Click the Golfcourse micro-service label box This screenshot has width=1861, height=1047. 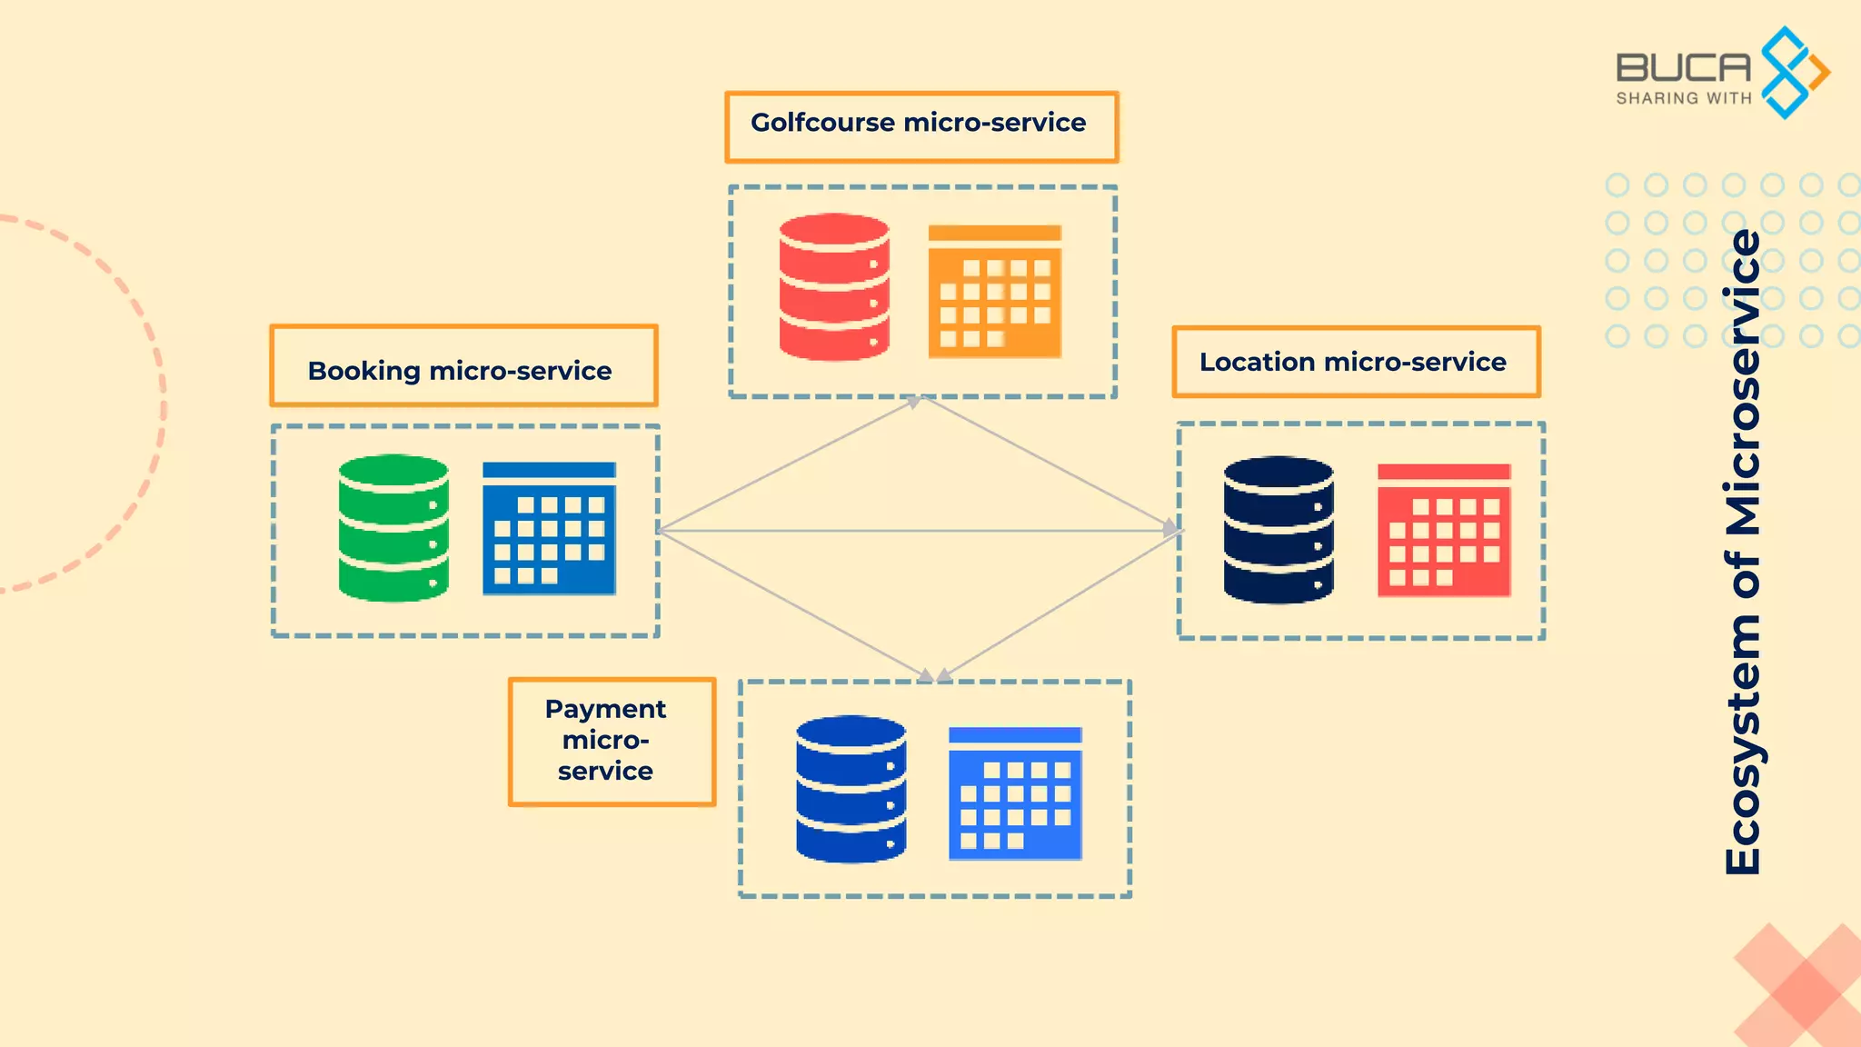(x=921, y=126)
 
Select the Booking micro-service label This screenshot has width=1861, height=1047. (x=463, y=366)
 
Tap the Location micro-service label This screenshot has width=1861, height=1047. (x=1355, y=362)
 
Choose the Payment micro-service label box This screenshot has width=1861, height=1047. (x=611, y=741)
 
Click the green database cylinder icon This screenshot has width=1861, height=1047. (x=393, y=528)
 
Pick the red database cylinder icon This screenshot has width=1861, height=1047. (x=833, y=287)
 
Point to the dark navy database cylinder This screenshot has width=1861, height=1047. (x=1278, y=530)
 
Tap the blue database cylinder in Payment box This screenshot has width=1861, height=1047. (x=851, y=789)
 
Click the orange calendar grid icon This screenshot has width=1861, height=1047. (x=994, y=291)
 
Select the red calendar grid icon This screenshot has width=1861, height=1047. (x=1443, y=530)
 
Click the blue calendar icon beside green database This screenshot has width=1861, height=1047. (x=549, y=528)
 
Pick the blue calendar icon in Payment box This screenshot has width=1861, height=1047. (x=1015, y=793)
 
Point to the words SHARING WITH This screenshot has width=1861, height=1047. (x=1683, y=98)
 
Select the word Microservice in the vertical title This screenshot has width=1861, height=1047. (x=1743, y=382)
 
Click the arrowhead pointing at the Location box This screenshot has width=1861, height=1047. (x=1171, y=527)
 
